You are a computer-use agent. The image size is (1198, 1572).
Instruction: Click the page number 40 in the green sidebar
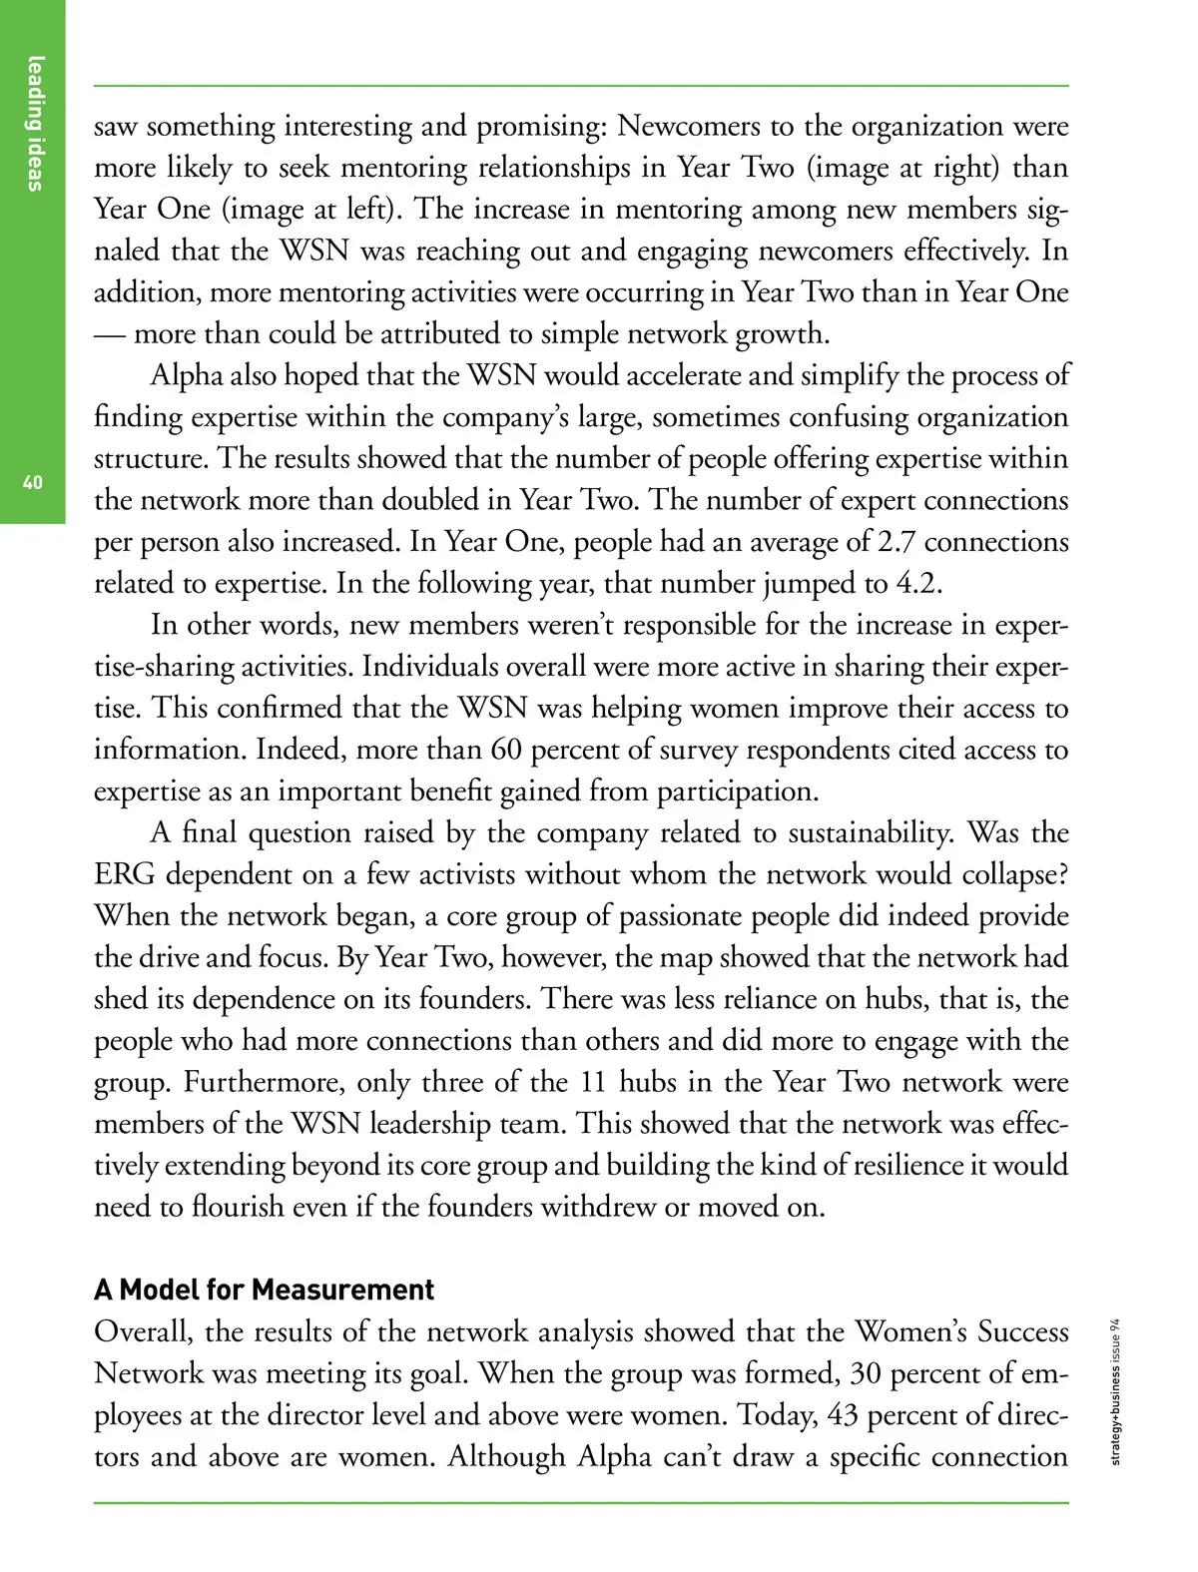pos(32,483)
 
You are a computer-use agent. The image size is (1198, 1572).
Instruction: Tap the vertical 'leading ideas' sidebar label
pos(36,123)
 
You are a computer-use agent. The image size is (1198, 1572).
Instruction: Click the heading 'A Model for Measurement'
pos(264,1290)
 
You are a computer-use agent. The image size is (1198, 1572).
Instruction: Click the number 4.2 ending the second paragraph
pos(917,583)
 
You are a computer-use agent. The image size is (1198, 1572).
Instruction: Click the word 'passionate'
pos(685,916)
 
